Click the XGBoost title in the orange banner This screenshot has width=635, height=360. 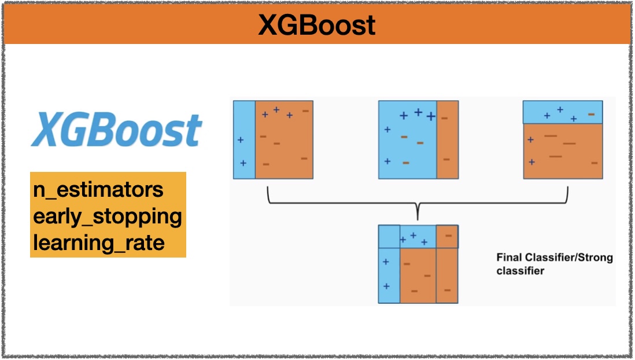pos(317,25)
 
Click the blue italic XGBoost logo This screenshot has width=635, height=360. pos(116,130)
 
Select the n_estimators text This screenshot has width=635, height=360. pos(98,190)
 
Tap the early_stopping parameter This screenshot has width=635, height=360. pos(108,216)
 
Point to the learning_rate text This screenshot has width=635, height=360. pos(99,243)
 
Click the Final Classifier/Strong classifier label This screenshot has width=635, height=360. pos(555,264)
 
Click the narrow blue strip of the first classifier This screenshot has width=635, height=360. pos(244,140)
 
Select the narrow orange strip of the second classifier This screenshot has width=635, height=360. pos(448,140)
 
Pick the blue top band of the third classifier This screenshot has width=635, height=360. pos(563,112)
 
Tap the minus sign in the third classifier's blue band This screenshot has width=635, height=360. pos(591,115)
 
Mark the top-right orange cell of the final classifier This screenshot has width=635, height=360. pos(447,236)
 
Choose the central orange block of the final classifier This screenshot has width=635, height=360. pos(418,275)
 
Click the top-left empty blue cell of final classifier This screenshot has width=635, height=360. pos(389,236)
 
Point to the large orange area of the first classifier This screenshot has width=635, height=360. pos(284,140)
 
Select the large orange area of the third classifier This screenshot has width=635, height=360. pos(563,151)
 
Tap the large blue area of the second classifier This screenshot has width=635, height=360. pos(407,140)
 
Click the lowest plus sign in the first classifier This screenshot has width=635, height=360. pos(243,163)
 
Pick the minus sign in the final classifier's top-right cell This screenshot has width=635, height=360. pos(448,236)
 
